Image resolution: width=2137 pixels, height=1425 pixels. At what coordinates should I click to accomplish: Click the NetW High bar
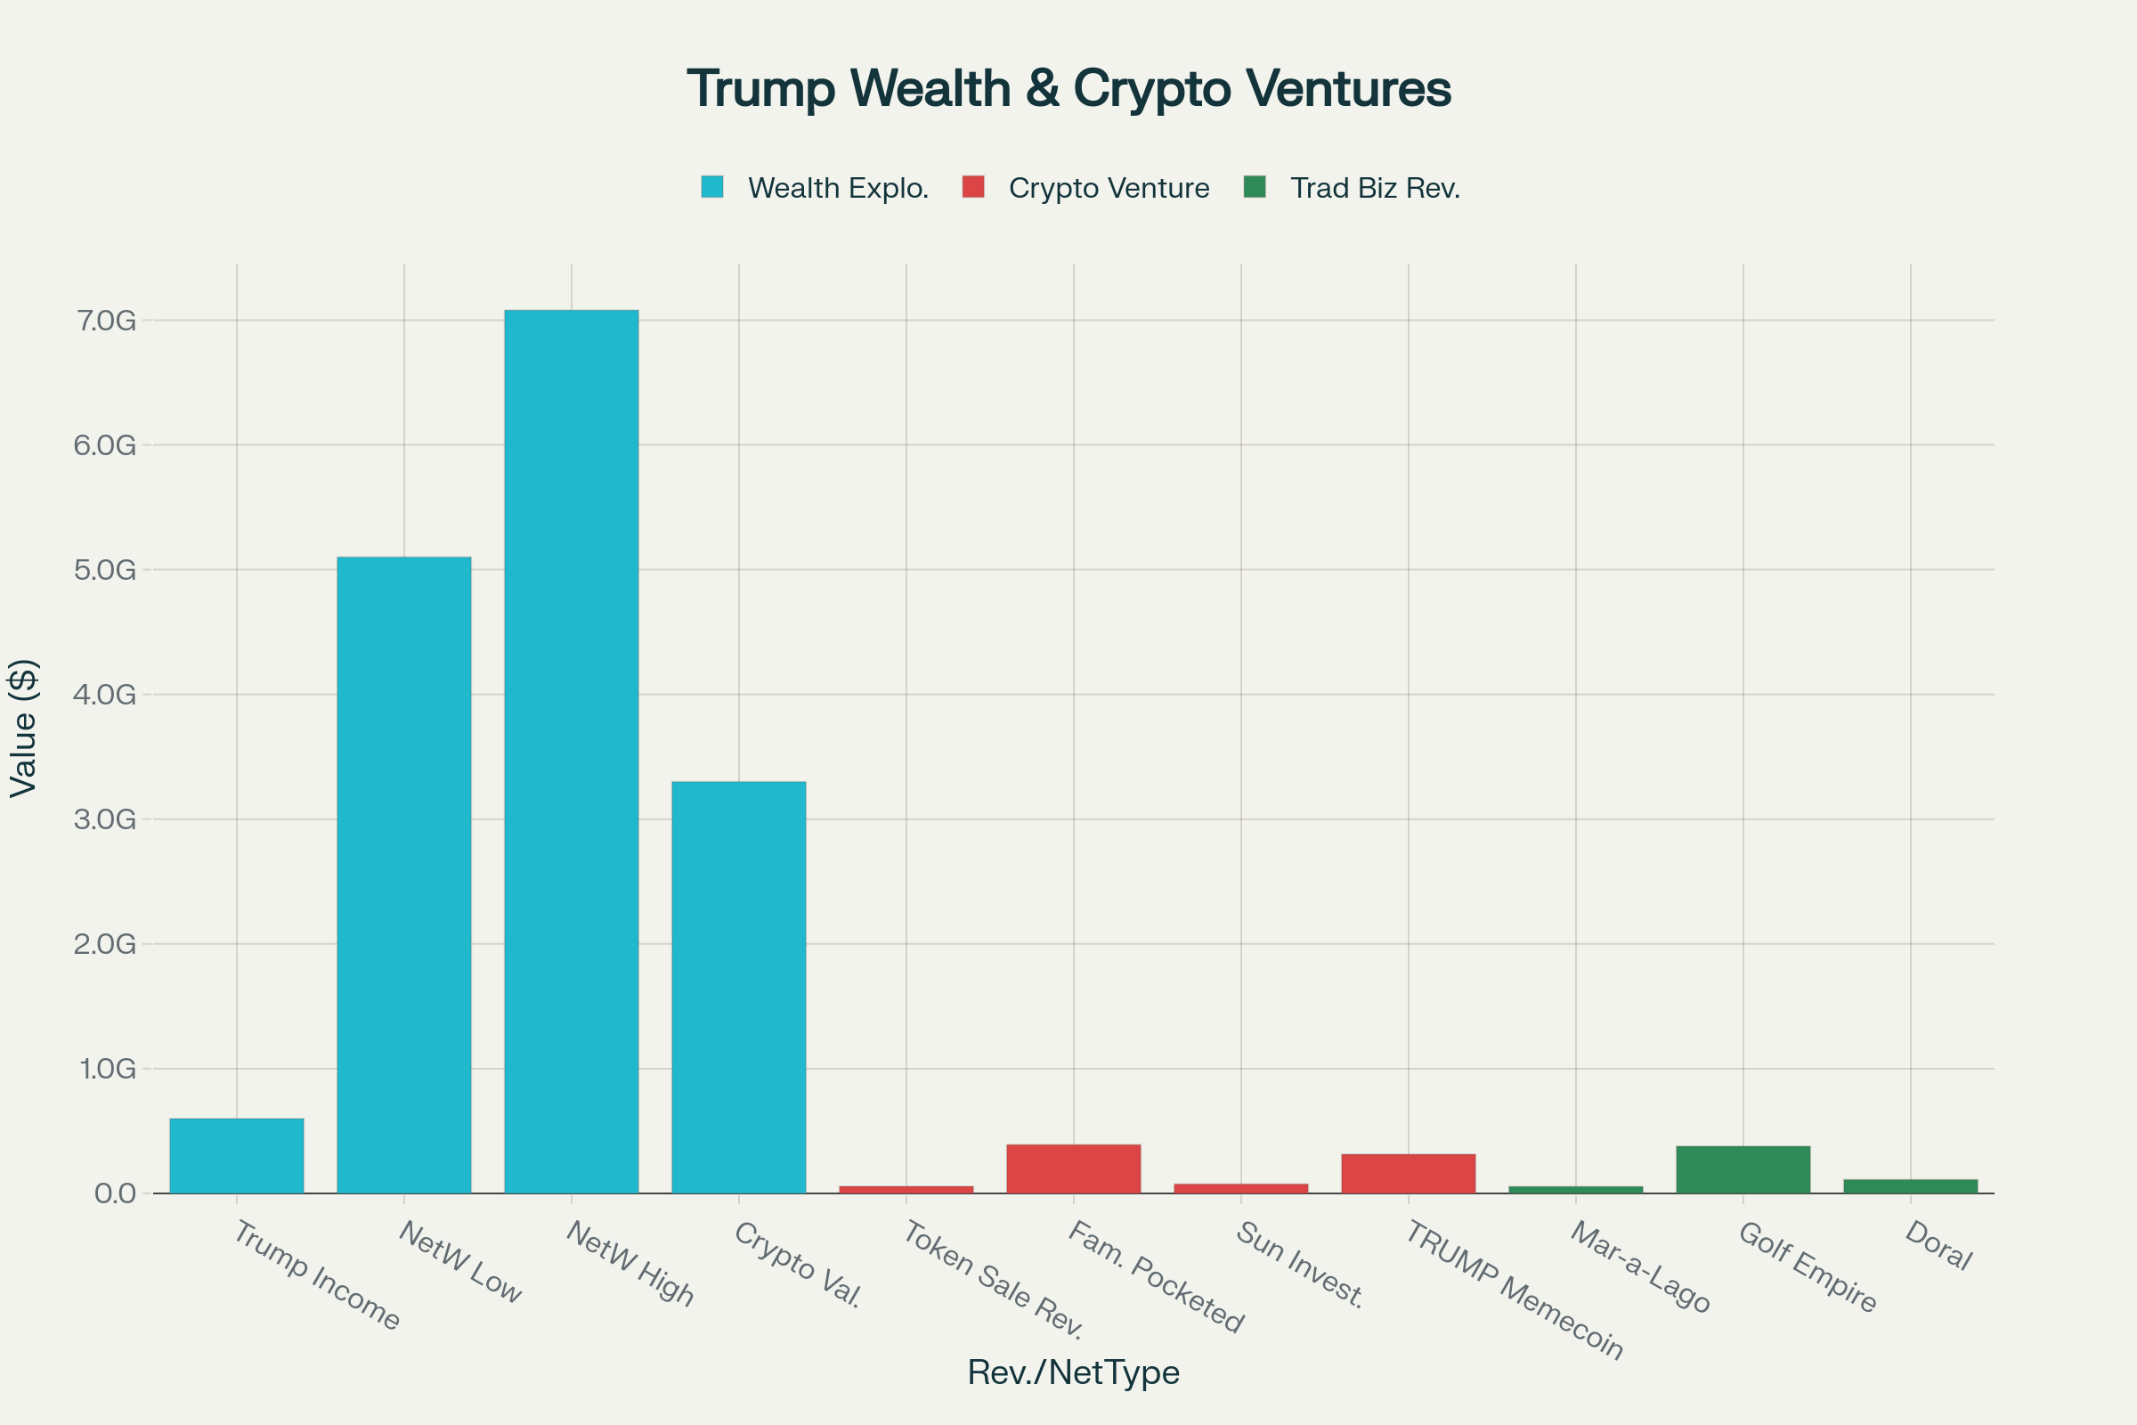point(571,751)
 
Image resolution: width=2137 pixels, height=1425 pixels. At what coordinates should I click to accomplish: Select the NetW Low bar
point(403,875)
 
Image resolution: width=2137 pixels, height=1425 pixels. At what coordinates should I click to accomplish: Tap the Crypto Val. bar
point(738,987)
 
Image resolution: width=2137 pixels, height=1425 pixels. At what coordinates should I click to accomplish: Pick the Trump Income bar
point(236,1155)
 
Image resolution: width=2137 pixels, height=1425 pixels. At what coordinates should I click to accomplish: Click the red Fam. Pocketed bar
point(1073,1168)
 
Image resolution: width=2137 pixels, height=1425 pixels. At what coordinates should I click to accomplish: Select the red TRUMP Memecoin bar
point(1408,1173)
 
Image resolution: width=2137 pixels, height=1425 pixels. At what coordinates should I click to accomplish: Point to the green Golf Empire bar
point(1743,1169)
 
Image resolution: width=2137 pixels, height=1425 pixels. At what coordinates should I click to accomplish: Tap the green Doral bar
point(1910,1186)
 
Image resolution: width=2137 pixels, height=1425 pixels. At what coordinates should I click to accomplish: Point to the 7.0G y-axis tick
point(105,321)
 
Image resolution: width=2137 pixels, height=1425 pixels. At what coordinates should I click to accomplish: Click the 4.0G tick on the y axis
point(105,696)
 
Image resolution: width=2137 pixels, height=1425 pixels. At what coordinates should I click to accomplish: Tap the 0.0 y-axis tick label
point(115,1193)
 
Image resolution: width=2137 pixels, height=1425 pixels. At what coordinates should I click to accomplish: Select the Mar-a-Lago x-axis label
point(1640,1266)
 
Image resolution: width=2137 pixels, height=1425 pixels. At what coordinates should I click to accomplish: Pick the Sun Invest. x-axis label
point(1299,1264)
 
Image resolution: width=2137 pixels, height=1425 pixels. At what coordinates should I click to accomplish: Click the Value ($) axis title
point(23,728)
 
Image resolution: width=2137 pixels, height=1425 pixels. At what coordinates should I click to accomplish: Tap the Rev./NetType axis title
point(1073,1372)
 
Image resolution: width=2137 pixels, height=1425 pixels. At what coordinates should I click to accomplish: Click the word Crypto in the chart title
point(1151,89)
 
